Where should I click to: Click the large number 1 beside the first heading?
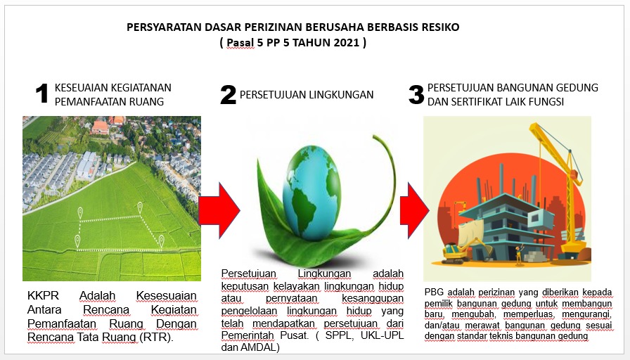41,94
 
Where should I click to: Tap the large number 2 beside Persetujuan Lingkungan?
228,95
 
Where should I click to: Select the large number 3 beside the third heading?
416,95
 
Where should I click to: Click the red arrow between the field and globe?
219,210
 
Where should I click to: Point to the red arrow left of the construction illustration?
414,210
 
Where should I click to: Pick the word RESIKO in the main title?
440,27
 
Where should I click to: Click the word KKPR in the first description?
43,295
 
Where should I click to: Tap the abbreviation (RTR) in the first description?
156,337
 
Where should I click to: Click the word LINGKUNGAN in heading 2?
344,95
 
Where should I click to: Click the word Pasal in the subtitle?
240,42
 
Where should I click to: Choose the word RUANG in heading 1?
146,102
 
